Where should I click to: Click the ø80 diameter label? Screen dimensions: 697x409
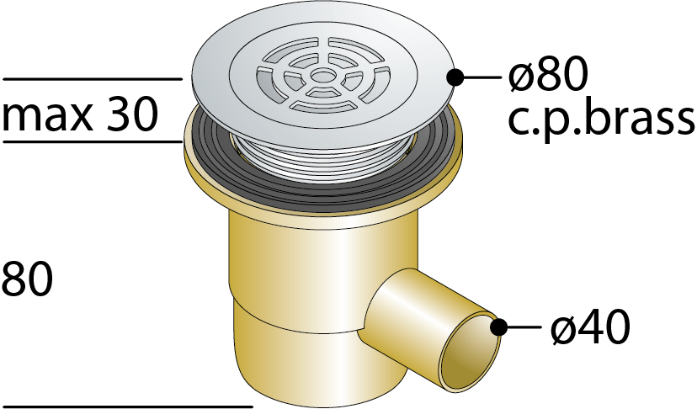[548, 75]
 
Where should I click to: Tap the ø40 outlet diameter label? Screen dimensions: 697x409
[590, 327]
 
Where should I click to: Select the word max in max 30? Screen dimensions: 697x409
[48, 116]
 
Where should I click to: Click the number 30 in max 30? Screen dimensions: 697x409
[132, 114]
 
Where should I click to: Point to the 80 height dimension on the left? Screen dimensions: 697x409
[27, 279]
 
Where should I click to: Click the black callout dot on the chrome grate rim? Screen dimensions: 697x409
[455, 77]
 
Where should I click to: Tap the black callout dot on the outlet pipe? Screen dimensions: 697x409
[498, 327]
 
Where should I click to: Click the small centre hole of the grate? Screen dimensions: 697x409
[321, 76]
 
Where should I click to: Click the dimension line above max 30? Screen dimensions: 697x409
[93, 79]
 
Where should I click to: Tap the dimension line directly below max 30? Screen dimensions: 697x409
[93, 142]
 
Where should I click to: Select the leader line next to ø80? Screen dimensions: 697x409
[482, 77]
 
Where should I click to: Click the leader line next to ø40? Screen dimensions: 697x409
[524, 327]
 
